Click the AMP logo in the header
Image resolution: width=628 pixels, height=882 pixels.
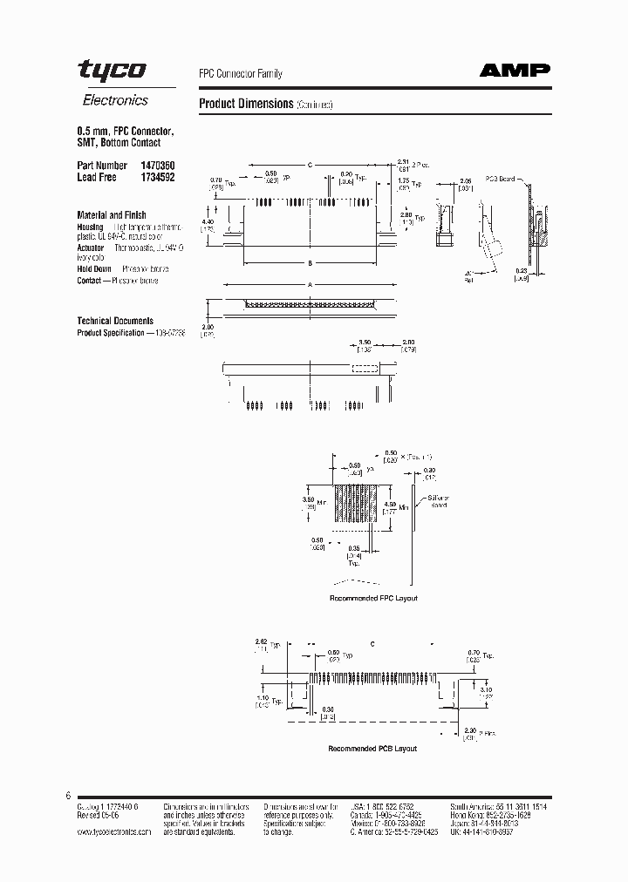tap(517, 73)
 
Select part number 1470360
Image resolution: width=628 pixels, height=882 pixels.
tap(157, 165)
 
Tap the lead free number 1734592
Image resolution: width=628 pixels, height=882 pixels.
tap(157, 177)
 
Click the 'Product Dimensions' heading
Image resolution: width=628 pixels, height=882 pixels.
tap(246, 104)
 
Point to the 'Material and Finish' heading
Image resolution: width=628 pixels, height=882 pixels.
tap(112, 214)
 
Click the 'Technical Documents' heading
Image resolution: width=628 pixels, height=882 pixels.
tap(115, 321)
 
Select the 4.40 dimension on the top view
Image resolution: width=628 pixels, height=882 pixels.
tap(207, 222)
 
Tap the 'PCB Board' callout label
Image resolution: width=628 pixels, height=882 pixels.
tap(501, 179)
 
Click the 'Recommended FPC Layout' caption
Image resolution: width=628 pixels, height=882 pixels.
tap(373, 598)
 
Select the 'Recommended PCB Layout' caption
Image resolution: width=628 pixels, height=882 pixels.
tap(372, 749)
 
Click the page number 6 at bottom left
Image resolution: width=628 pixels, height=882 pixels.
tap(67, 796)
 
